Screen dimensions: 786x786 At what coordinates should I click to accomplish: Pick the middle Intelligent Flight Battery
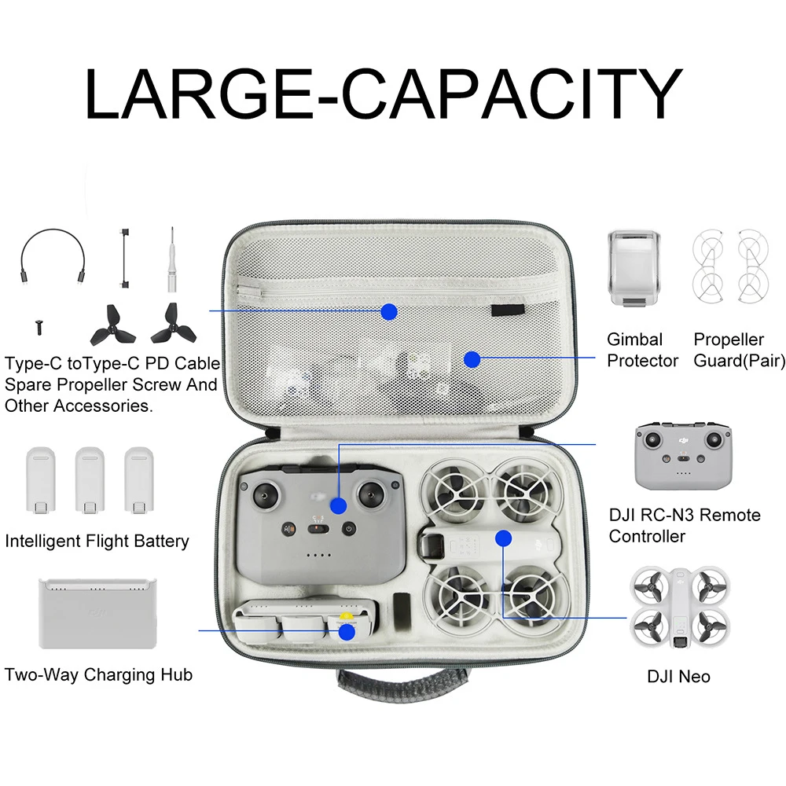(x=90, y=481)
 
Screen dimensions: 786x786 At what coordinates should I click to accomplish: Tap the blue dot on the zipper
(x=388, y=311)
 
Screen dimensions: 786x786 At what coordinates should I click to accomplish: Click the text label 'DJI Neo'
(x=678, y=676)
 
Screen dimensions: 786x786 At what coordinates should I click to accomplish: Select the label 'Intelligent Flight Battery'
(x=97, y=541)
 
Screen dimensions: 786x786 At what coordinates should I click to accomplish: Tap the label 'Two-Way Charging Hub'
(x=98, y=674)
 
